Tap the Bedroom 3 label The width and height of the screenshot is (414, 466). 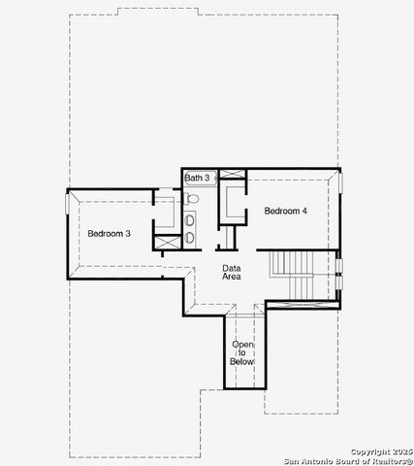pyautogui.click(x=109, y=233)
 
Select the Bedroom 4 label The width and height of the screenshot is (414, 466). pyautogui.click(x=286, y=211)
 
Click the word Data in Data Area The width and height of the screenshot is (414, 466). pyautogui.click(x=231, y=267)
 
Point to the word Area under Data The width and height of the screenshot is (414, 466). pyautogui.click(x=231, y=277)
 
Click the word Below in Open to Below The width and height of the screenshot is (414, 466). pyautogui.click(x=242, y=362)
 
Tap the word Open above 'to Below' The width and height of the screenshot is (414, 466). pyautogui.click(x=242, y=345)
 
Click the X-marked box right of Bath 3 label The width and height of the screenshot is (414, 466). pyautogui.click(x=233, y=175)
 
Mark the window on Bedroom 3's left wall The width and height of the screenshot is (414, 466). pyautogui.click(x=68, y=204)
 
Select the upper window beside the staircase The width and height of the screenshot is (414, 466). pyautogui.click(x=338, y=265)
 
